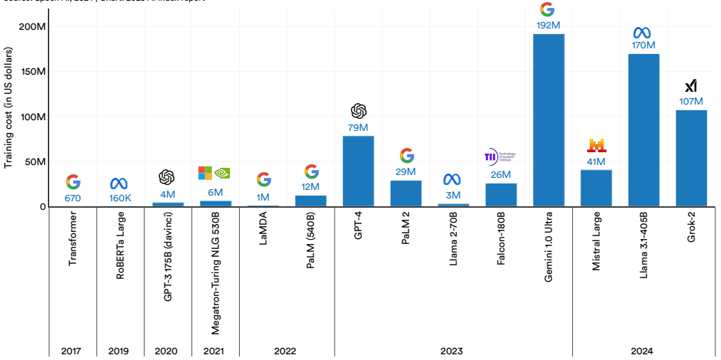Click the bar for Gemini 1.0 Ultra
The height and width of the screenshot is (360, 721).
[548, 120]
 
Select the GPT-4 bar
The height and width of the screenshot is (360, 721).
[358, 171]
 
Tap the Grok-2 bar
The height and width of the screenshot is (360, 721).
[690, 158]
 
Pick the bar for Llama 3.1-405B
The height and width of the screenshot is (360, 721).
[643, 129]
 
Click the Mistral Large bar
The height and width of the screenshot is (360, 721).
[596, 188]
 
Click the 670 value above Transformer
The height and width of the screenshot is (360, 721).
[73, 198]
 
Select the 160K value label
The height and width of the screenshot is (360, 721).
[120, 198]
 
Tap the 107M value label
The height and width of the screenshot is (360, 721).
[690, 101]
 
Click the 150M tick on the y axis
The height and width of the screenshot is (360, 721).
[33, 72]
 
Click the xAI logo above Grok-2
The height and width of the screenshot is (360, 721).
[690, 86]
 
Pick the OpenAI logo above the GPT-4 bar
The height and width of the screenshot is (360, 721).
[358, 111]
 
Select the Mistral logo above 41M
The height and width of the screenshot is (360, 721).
[596, 146]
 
